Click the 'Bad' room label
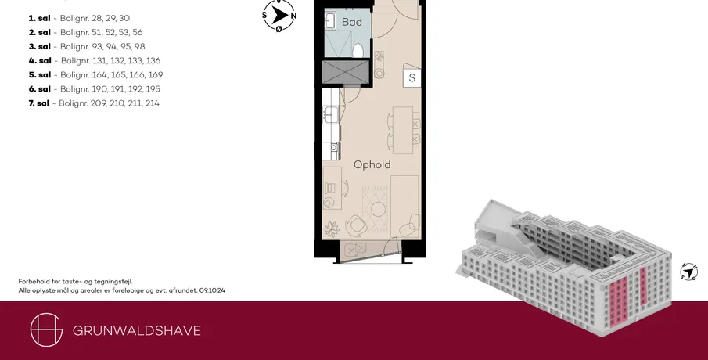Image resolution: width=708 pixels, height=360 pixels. pos(352,22)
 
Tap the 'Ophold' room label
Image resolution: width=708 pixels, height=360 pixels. pos(372,164)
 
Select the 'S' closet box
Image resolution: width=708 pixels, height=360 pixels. pos(412,77)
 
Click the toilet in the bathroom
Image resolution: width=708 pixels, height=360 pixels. pos(358,50)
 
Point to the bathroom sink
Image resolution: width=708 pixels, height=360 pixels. pos(329,20)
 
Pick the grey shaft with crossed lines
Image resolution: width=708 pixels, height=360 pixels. pos(346,72)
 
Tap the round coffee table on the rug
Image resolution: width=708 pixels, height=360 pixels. pos(378,209)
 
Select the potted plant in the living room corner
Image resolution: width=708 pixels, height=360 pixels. pos(332,229)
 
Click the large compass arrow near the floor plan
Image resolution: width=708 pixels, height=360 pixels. pos(279,16)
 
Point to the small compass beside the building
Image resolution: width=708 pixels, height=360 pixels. pos(688,272)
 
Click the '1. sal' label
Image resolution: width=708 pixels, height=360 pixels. pos(39,18)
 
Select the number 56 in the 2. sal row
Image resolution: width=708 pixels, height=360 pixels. pos(137,32)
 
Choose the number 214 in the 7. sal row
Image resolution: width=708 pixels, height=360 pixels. pos(153,103)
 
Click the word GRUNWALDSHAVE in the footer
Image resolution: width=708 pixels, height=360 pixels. pos(137,330)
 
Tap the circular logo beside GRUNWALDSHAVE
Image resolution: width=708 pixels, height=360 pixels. pos(46,329)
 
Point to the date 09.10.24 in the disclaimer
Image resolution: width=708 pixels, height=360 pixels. pos(212,290)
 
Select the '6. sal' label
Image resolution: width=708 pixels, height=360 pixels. pos(40,89)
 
